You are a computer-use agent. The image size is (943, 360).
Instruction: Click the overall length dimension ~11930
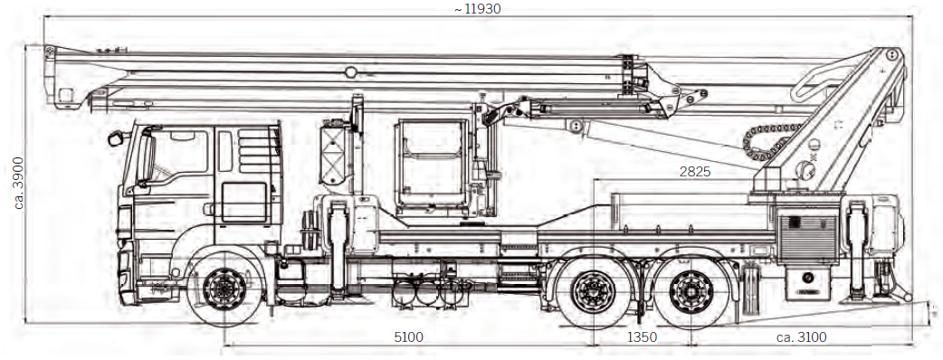click(x=478, y=8)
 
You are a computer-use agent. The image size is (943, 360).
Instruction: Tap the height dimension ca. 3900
click(x=19, y=183)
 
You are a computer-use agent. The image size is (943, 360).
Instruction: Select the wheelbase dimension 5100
click(x=408, y=337)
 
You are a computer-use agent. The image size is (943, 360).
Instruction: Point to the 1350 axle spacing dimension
click(x=642, y=337)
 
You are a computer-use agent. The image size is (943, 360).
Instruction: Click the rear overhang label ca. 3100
click(x=801, y=337)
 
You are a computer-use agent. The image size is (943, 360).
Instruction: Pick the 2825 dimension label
click(x=695, y=171)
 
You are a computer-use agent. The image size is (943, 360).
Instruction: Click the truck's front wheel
click(x=224, y=289)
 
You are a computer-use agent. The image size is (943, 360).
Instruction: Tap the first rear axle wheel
click(x=594, y=291)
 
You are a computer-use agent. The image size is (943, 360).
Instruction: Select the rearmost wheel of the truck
click(x=691, y=291)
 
